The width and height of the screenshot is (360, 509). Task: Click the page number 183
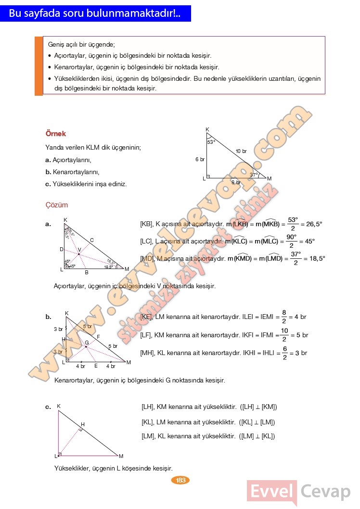pos(181,480)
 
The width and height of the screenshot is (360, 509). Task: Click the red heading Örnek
pos(55,134)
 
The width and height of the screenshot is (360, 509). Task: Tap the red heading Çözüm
pos(57,205)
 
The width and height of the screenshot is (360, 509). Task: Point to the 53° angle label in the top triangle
pos(211,142)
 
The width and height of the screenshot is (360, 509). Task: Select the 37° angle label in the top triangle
pos(254,175)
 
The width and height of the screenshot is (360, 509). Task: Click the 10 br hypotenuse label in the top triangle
pos(241,152)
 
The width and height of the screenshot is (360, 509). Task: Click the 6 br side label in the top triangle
pos(200,159)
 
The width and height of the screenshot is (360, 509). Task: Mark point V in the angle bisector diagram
pos(79,250)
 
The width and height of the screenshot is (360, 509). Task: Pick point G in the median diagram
pos(87,343)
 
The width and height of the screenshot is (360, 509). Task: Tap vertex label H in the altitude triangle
pos(83,424)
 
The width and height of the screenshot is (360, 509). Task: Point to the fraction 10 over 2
pos(284,335)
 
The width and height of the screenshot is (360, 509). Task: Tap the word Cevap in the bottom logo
pos(326,492)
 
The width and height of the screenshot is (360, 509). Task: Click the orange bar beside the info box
pos(39,65)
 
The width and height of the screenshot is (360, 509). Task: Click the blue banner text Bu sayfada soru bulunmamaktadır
pos(95,14)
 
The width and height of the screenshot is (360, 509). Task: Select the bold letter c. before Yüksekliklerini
pos(48,184)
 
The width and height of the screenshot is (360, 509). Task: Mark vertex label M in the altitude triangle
pos(121,456)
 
